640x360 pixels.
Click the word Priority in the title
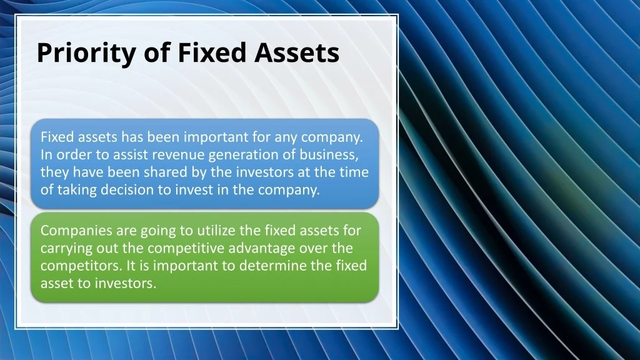coord(86,53)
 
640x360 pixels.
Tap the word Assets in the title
coord(297,52)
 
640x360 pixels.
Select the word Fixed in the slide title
coord(212,52)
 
